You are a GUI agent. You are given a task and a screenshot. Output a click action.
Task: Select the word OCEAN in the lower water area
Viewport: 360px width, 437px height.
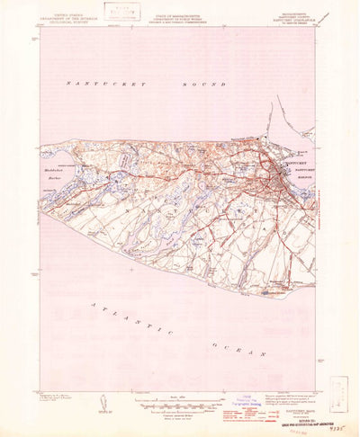(235, 347)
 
